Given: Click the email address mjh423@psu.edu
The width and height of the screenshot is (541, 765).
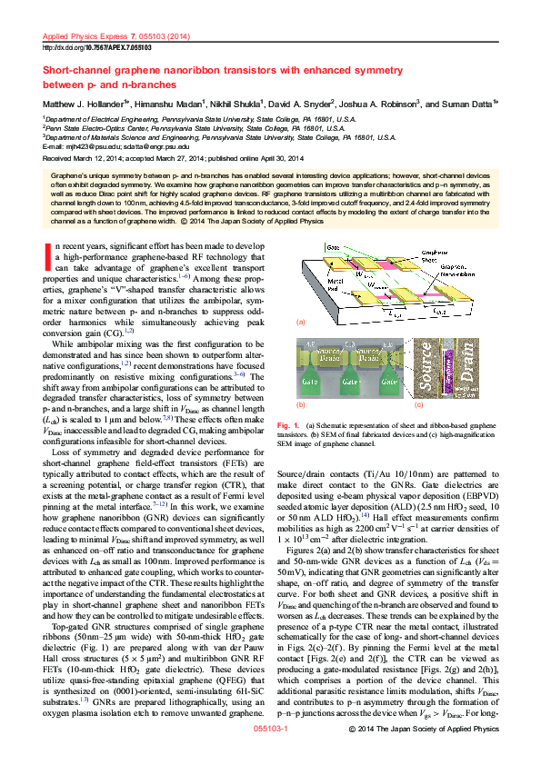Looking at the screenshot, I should click(87, 145).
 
